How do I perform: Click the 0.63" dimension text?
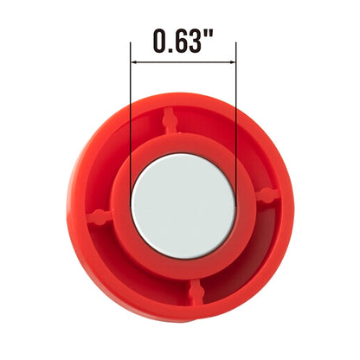coord(183,41)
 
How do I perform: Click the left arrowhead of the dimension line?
coord(133,61)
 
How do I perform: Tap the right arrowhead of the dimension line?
coord(233,61)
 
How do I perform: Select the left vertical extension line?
coord(131,124)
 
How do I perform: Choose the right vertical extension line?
coord(236,124)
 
